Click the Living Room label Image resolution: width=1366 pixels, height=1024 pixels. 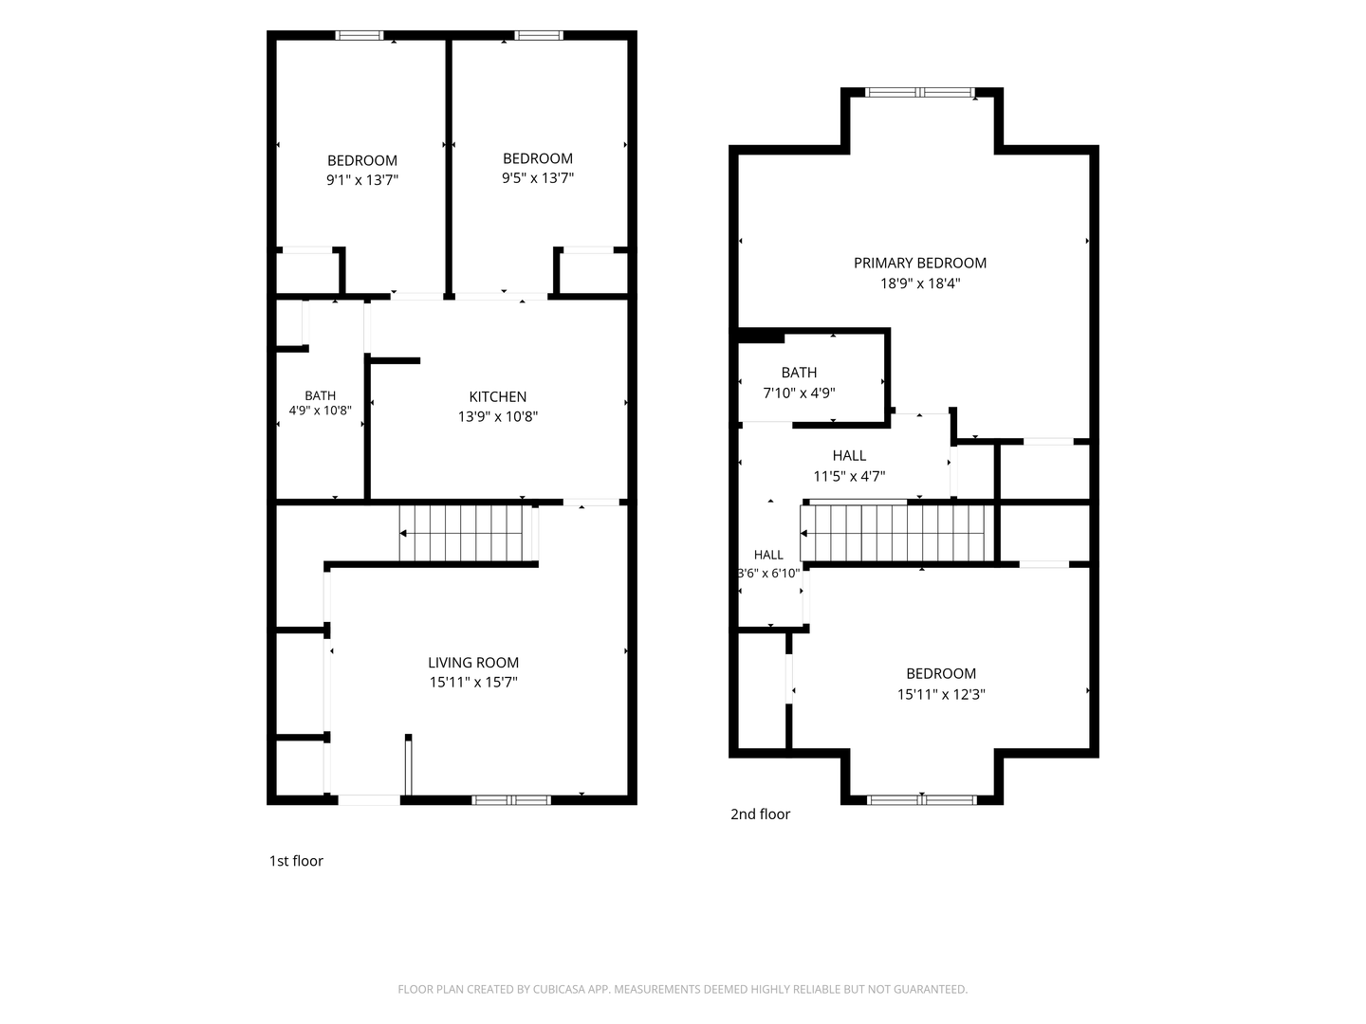click(473, 662)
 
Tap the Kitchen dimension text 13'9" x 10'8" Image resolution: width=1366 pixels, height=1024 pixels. click(498, 416)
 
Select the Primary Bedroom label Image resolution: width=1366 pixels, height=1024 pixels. click(920, 263)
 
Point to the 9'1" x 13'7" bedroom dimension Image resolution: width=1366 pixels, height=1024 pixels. click(362, 180)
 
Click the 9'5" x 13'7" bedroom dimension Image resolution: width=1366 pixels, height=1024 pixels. click(538, 178)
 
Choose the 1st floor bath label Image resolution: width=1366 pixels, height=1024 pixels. click(320, 395)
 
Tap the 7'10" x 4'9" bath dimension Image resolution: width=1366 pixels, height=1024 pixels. click(799, 393)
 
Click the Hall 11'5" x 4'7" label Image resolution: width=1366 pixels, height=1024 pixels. click(849, 456)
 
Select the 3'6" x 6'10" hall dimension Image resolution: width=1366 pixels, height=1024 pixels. click(768, 573)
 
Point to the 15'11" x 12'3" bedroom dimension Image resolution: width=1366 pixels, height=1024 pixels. click(941, 694)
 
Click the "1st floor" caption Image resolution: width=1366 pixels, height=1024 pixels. click(296, 861)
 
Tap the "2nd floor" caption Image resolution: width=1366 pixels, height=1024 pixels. click(760, 814)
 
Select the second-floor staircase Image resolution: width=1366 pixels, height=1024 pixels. click(896, 533)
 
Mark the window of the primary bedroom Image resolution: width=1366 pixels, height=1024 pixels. click(920, 93)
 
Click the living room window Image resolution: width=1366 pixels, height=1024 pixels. click(511, 799)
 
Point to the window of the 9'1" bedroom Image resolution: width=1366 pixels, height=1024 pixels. click(360, 35)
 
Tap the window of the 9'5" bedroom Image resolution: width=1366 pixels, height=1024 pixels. click(539, 35)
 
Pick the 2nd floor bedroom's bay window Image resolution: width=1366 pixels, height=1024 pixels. click(922, 799)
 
